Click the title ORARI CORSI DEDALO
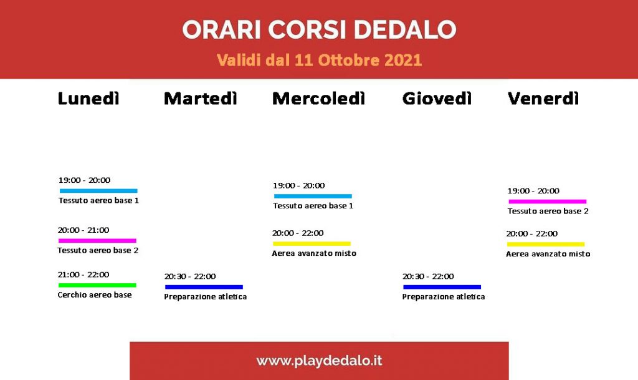(x=320, y=29)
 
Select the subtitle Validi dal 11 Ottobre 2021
(x=320, y=61)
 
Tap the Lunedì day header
(x=88, y=99)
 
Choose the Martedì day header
(x=201, y=99)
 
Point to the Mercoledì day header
(x=318, y=99)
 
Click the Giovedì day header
(x=437, y=99)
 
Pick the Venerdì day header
(x=543, y=99)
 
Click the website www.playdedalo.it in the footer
(x=320, y=361)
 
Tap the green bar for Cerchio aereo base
(x=97, y=285)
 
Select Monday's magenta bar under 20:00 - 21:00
(x=97, y=241)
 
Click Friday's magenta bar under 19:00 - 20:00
(x=548, y=202)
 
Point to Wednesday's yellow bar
(x=312, y=243)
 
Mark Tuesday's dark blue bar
(x=204, y=287)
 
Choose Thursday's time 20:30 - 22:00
(x=428, y=276)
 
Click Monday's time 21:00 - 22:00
(x=83, y=275)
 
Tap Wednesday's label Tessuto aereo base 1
(x=313, y=206)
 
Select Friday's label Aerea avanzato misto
(x=548, y=254)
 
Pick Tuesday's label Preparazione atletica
(x=206, y=296)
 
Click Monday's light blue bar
(x=98, y=191)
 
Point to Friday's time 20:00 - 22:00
(x=532, y=234)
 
